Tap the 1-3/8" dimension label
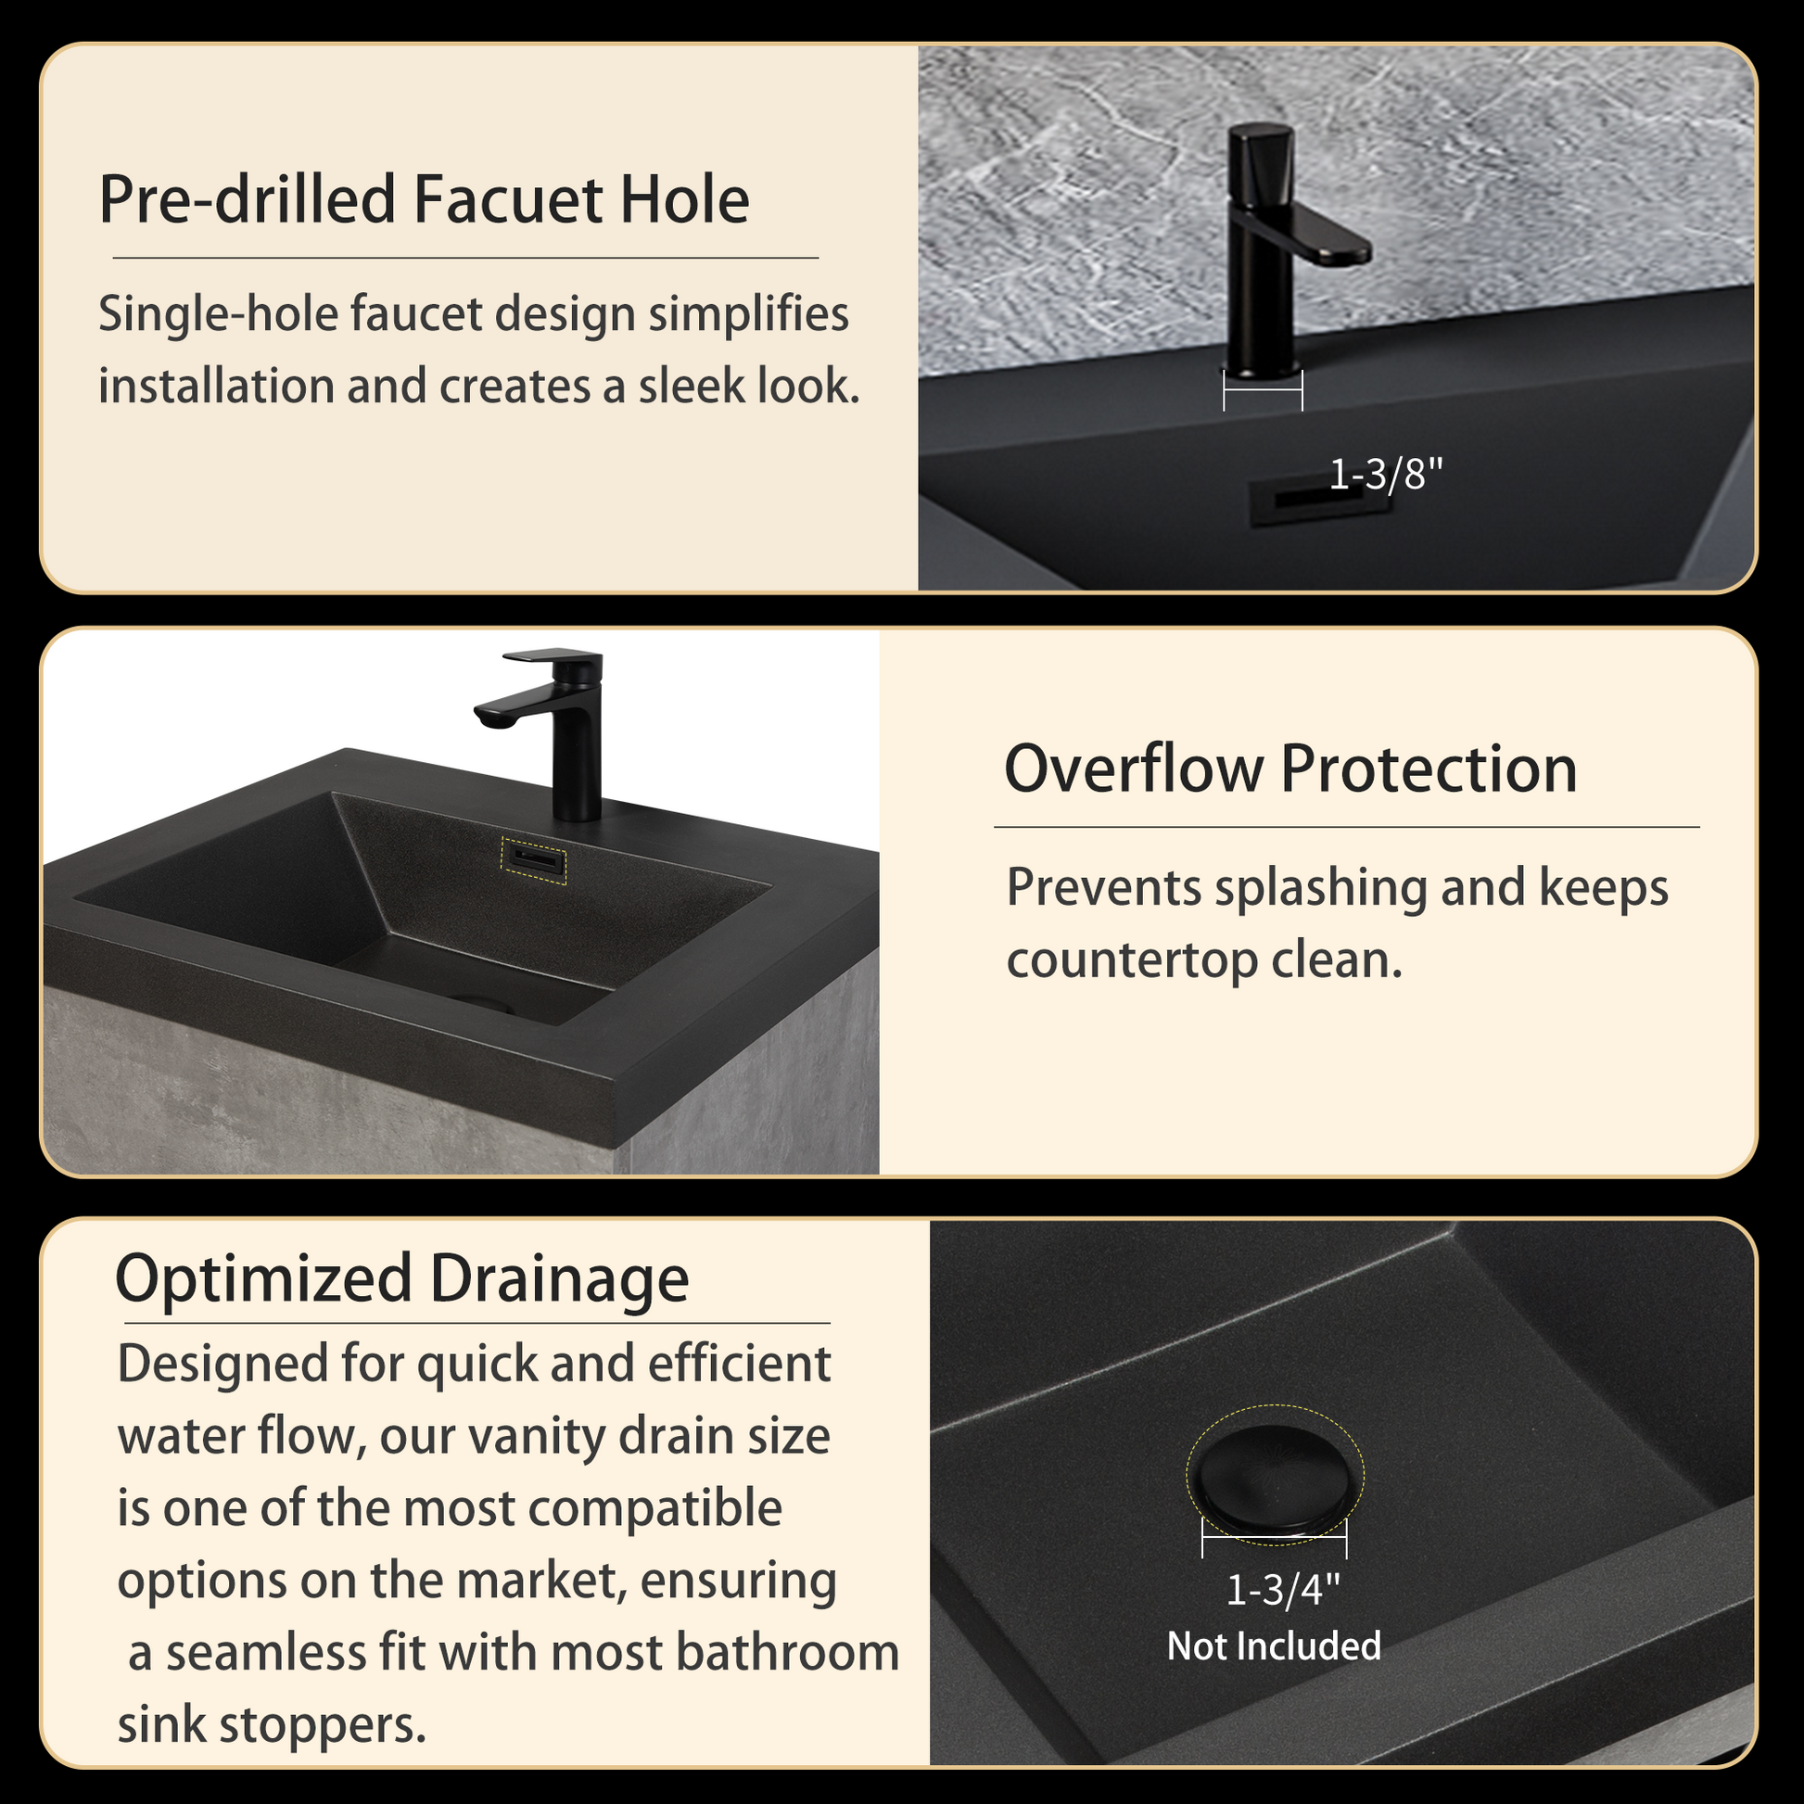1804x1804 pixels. (x=1385, y=475)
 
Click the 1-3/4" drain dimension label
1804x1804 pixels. (x=1282, y=1590)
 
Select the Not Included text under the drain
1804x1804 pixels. (x=1274, y=1646)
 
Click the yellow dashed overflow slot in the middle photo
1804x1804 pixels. (x=534, y=860)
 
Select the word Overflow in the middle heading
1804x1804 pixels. (x=1132, y=769)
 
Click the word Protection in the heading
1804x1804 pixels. (x=1428, y=769)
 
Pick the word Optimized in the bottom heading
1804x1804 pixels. (x=263, y=1278)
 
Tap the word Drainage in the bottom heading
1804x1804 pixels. (x=559, y=1278)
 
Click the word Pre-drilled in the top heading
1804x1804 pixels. (x=248, y=200)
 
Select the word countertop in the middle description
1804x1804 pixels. (x=1132, y=959)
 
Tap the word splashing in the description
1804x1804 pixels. (x=1320, y=887)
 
